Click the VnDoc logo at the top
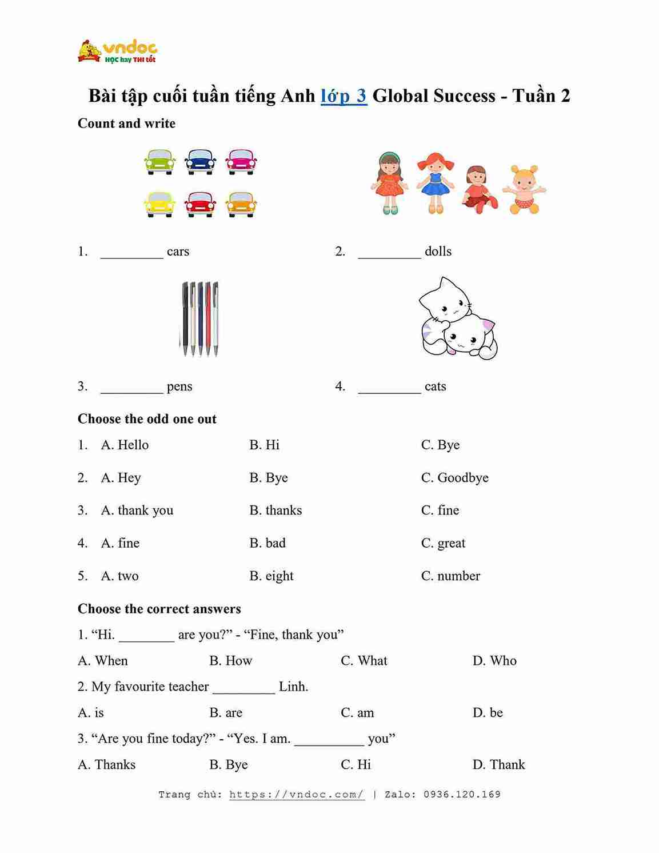[x=117, y=51]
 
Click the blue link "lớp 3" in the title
[x=344, y=95]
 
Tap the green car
[x=159, y=162]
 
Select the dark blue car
[x=200, y=162]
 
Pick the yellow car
[x=159, y=204]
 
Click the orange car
[x=241, y=204]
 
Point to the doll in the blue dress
[x=436, y=183]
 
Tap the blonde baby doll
[x=524, y=190]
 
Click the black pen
[x=185, y=317]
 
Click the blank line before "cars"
[x=131, y=253]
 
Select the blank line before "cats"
[x=389, y=388]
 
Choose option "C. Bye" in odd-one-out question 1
[x=440, y=445]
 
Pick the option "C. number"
[x=450, y=576]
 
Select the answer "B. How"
[x=230, y=661]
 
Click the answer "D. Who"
[x=494, y=661]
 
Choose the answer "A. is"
[x=91, y=713]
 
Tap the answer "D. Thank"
[x=498, y=765]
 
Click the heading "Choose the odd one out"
[x=147, y=419]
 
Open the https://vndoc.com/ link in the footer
[x=297, y=795]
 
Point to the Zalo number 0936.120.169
[x=462, y=795]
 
